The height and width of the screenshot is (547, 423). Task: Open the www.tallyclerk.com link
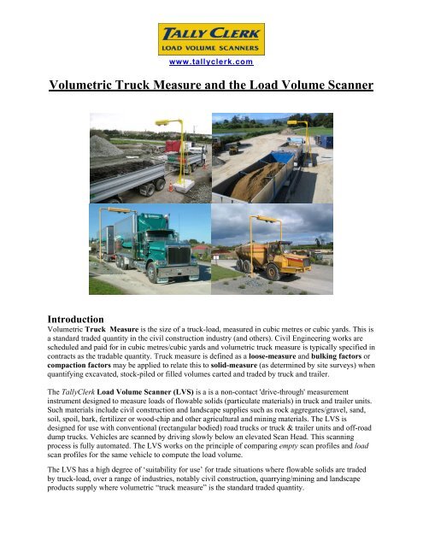tap(211, 63)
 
